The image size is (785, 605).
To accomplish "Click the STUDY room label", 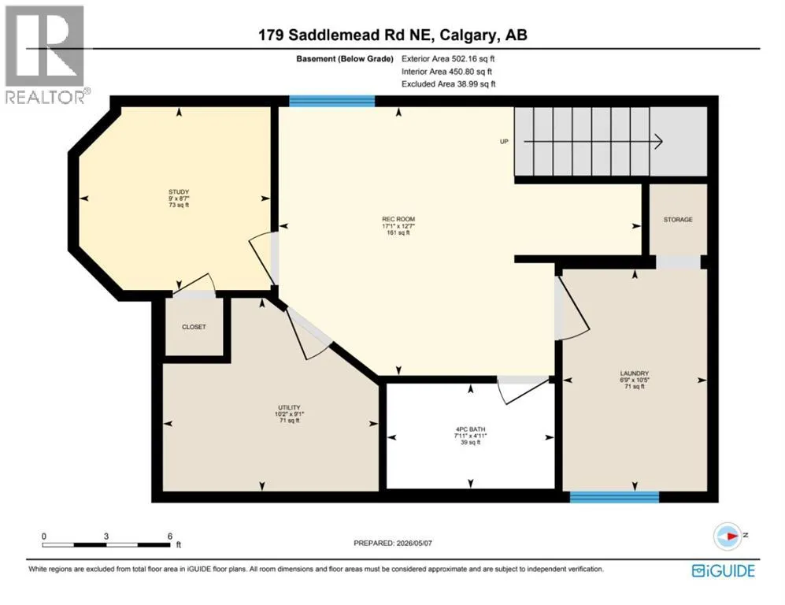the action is [x=179, y=191].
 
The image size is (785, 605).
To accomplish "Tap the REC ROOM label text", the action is [x=398, y=219].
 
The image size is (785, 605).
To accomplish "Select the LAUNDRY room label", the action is [x=635, y=373].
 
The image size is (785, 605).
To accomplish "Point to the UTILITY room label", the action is [x=290, y=408].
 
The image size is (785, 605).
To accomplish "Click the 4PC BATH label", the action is [x=470, y=429].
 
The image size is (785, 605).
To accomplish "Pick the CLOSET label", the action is [x=194, y=327].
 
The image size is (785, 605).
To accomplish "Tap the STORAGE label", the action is [x=678, y=219].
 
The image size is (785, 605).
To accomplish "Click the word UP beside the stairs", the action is [x=504, y=141].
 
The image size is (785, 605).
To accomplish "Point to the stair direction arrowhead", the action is [x=659, y=142].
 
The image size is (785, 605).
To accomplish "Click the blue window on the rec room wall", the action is [x=332, y=101].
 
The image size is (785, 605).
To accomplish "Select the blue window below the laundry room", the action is [x=614, y=497].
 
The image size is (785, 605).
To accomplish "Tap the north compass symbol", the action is [x=728, y=536].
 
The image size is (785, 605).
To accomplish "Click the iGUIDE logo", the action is [x=724, y=570].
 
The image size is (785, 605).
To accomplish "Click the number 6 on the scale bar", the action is [x=170, y=536].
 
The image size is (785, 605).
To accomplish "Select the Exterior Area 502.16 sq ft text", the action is [x=448, y=58].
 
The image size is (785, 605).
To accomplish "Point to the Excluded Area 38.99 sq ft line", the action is [x=449, y=84].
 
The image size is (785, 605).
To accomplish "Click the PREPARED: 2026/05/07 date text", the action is [x=392, y=543].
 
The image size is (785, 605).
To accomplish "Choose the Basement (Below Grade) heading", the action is [x=345, y=58].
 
